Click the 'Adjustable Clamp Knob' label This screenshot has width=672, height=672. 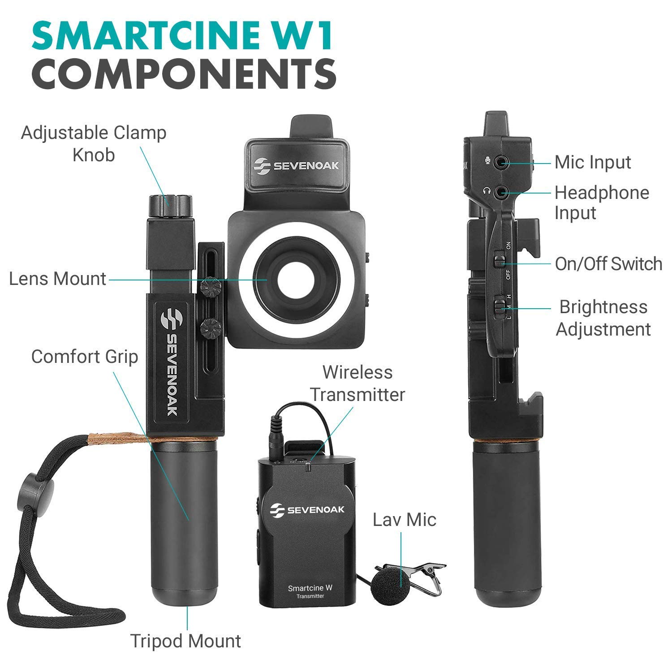point(93,144)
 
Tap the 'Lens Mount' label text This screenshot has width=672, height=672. point(57,279)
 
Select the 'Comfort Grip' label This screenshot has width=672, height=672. point(85,357)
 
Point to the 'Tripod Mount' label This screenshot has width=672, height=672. point(185,641)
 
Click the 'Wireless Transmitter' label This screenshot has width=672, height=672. point(358,383)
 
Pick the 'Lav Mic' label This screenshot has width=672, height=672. point(405,520)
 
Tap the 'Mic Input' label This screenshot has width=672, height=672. point(593,162)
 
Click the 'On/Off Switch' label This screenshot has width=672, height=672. point(608,264)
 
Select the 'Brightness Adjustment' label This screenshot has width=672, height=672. point(603,318)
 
